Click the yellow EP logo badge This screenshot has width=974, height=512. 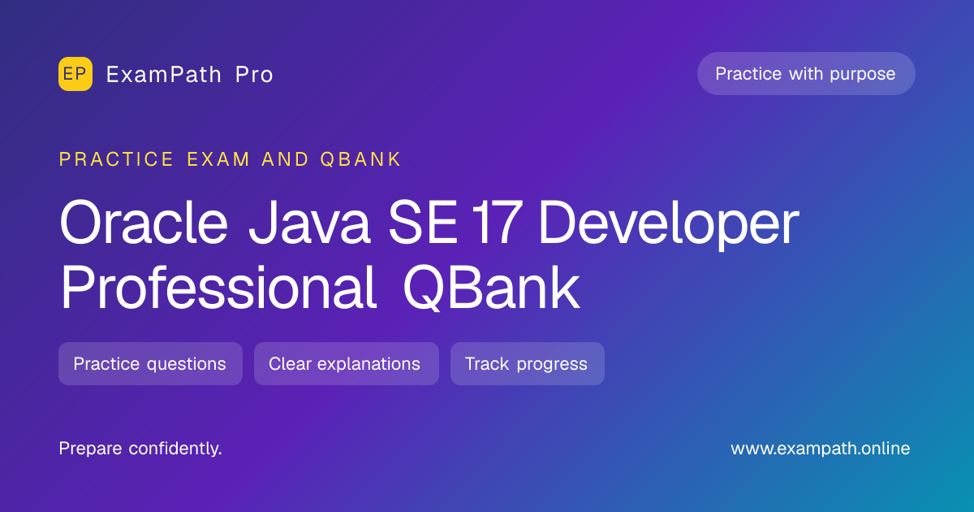[75, 74]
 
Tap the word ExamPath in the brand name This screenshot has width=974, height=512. [164, 75]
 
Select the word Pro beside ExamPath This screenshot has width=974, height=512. [254, 75]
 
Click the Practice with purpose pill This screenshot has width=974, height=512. [806, 74]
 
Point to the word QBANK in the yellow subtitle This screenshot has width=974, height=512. [360, 159]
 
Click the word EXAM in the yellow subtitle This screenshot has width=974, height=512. [218, 159]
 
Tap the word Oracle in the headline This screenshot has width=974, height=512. [144, 223]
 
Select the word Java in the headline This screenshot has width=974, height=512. [309, 223]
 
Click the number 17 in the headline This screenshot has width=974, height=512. [497, 223]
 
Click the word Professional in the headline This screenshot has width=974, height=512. [218, 288]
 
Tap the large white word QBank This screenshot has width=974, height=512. [491, 289]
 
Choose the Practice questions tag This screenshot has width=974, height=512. [150, 363]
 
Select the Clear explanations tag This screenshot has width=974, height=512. [347, 363]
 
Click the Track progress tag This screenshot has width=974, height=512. [528, 363]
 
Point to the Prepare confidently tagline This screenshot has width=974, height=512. [140, 449]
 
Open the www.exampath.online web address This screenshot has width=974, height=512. [821, 449]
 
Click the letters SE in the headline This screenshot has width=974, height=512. [423, 223]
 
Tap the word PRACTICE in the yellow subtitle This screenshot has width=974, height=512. [116, 159]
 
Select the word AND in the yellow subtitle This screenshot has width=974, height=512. [285, 159]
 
